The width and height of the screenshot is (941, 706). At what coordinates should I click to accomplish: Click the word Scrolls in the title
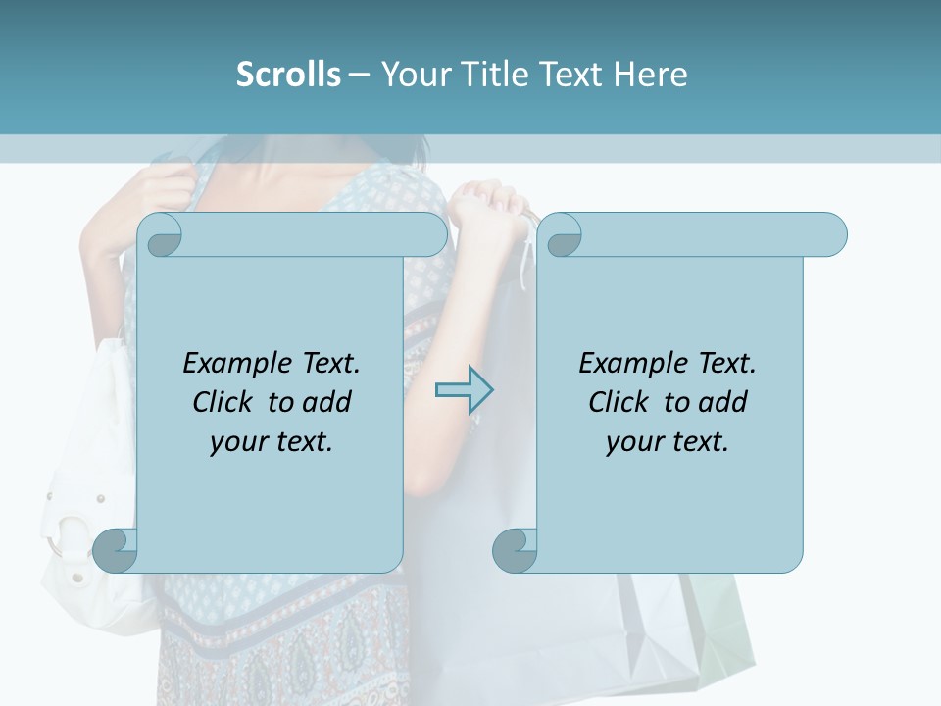point(288,75)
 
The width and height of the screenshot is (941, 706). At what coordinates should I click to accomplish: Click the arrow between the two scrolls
point(464,390)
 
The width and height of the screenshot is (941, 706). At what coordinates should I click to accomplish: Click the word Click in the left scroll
point(223,402)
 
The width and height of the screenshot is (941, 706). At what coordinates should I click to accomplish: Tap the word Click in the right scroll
point(619,402)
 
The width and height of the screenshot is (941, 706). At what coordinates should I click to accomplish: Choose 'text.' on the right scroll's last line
point(699,442)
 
